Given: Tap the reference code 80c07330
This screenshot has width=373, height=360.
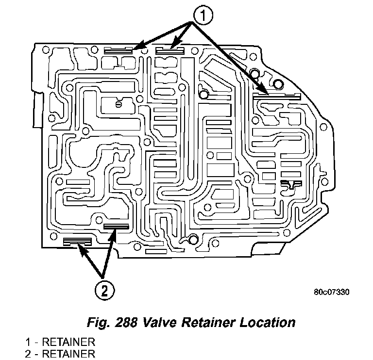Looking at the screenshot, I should click(332, 292).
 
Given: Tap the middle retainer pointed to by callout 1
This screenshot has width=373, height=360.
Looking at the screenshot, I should click(170, 49).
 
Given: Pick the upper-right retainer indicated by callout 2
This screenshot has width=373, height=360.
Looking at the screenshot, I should click(116, 227).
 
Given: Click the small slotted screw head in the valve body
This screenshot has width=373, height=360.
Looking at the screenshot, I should click(118, 104).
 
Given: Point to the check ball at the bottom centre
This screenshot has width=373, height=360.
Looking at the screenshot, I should click(193, 239).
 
